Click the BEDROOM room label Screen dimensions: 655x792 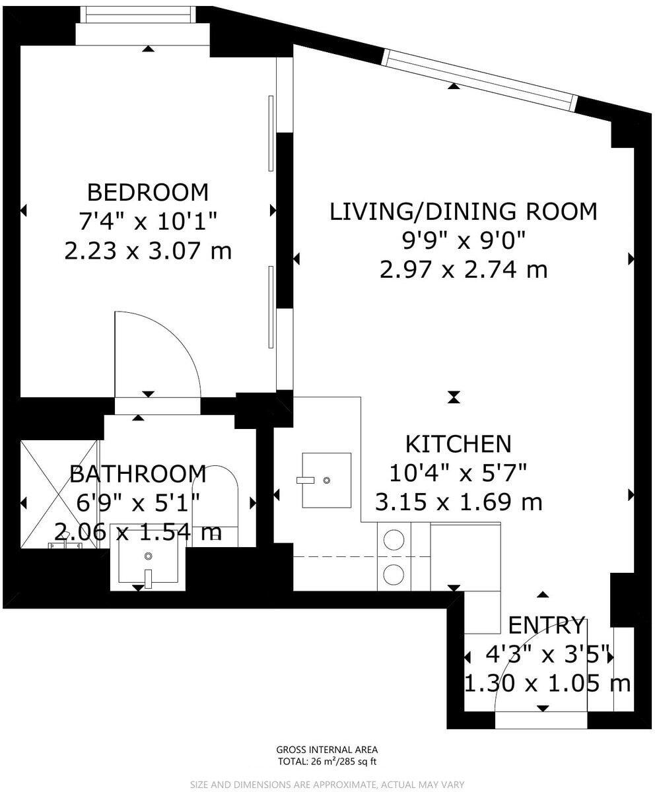coord(148,192)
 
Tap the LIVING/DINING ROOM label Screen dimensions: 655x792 coord(464,212)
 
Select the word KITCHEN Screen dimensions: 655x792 coord(458,444)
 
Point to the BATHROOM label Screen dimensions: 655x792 coord(138,474)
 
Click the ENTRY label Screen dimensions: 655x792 coord(545,626)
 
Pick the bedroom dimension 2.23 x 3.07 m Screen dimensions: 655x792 coord(148,251)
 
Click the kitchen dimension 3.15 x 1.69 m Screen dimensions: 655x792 coord(458,502)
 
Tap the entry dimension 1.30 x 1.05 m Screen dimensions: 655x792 coord(547,684)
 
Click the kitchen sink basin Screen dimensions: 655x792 coord(326,480)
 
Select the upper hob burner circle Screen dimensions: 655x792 coord(394,539)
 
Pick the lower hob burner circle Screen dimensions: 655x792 coord(394,574)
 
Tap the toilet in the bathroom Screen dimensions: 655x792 coord(215,506)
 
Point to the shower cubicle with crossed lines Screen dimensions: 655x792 coord(59,494)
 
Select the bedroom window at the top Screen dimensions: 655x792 coord(138,15)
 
